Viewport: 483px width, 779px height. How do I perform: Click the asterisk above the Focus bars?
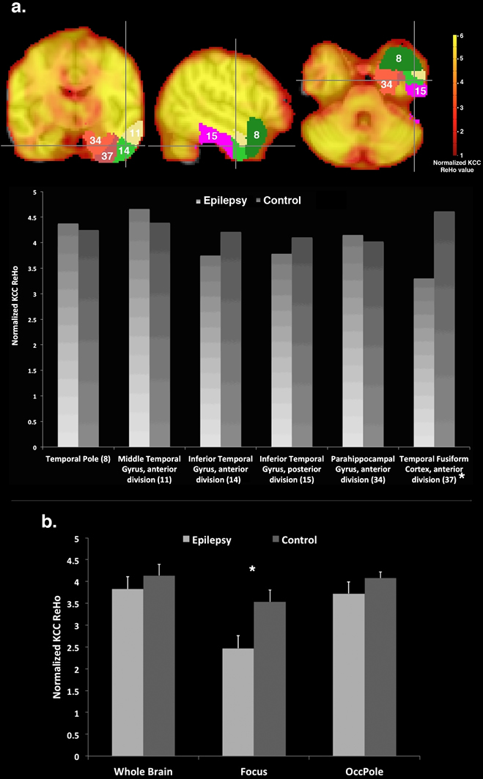tap(251, 569)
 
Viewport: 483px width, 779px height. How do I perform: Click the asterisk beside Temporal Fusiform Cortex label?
tap(462, 477)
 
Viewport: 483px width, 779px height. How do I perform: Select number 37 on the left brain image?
tap(108, 155)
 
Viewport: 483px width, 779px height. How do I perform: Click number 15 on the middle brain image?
tap(210, 135)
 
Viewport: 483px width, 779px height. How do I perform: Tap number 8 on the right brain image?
tap(399, 58)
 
